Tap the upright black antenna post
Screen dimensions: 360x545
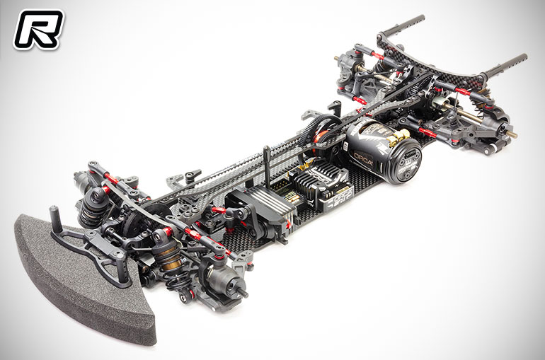click(267, 162)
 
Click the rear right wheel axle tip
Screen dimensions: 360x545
click(512, 134)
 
